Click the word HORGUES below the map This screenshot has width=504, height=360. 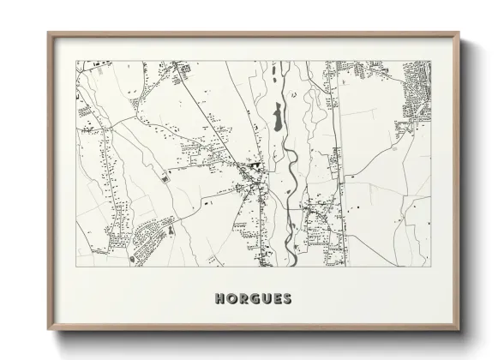(x=253, y=299)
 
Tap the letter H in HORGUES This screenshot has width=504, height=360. (x=220, y=299)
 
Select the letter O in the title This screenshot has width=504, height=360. (x=231, y=299)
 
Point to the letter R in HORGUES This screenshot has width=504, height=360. (x=243, y=299)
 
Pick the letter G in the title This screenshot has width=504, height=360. (x=254, y=299)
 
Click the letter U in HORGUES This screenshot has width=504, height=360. (x=265, y=299)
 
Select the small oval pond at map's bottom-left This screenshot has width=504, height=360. (x=130, y=258)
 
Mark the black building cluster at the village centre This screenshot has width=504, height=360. (x=255, y=165)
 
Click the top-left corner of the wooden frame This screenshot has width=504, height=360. (x=49, y=33)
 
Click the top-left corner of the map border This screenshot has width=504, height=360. (x=76, y=61)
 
